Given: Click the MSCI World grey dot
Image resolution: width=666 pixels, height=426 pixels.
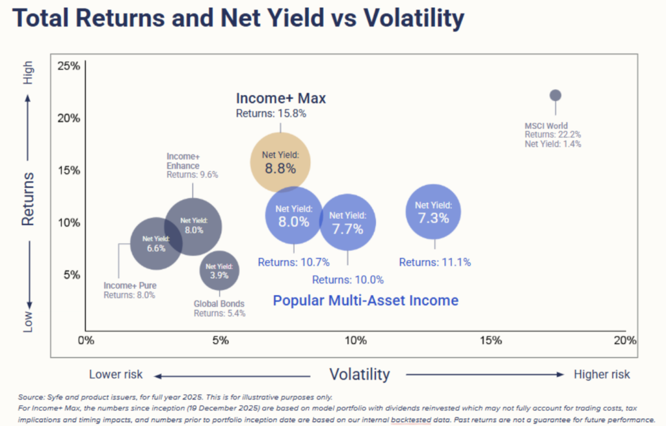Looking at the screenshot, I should [555, 95].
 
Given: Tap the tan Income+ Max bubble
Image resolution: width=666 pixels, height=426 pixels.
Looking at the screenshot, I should [280, 162].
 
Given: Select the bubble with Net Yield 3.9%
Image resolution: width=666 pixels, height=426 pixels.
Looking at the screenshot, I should [219, 270].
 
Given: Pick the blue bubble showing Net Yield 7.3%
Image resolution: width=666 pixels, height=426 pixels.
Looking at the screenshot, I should [434, 212].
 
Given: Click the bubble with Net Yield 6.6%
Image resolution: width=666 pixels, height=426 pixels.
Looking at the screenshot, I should [156, 243].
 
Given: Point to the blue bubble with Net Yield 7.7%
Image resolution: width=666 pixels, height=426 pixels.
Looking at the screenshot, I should [347, 222].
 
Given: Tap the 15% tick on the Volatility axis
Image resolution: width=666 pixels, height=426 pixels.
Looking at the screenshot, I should [491, 341].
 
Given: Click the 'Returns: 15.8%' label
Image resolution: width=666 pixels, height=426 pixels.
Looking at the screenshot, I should [271, 113].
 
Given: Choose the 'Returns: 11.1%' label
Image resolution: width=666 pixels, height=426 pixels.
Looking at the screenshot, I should [434, 263].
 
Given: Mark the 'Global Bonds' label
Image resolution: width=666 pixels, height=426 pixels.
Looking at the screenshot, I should [219, 304].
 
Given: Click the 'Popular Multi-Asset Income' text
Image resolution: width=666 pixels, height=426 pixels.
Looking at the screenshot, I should [366, 300].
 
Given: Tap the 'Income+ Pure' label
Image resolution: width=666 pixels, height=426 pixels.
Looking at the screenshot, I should [130, 285].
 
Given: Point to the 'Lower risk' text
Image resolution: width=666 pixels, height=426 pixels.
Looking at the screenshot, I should [116, 375].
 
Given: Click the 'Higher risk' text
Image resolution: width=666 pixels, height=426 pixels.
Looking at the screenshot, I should [602, 375].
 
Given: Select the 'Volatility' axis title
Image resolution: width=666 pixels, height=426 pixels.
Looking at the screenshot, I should [359, 375].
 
